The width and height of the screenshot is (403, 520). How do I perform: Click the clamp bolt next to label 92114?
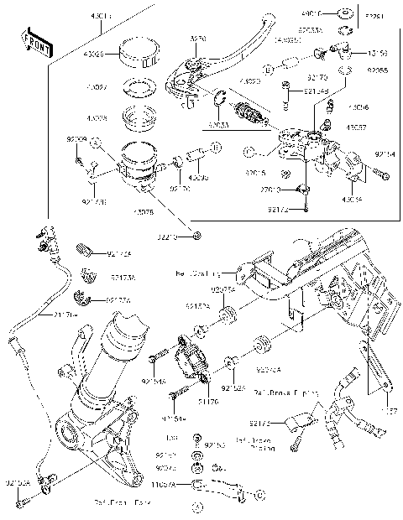coord(381,174)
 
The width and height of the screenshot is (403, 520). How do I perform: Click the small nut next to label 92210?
coord(196,236)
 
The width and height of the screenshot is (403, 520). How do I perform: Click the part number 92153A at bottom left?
coord(18,484)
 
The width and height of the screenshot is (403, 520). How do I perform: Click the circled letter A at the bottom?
coord(198,507)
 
